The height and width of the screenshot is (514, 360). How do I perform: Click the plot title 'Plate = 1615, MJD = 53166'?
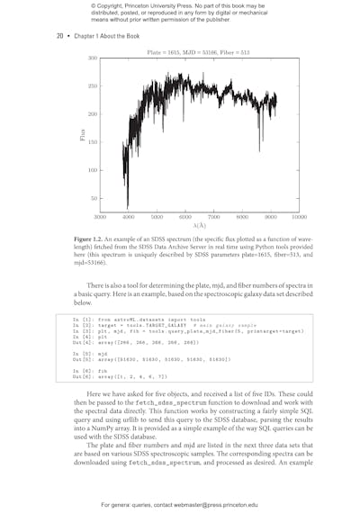point(198,52)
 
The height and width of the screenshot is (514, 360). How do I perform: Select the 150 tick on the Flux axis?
point(92,142)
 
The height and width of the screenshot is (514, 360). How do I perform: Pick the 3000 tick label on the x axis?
point(100,218)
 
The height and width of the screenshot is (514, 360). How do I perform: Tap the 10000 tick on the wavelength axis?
point(300,218)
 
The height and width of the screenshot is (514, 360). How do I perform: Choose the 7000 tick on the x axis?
point(214,218)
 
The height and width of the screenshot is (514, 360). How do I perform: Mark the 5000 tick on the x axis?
point(157,218)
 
